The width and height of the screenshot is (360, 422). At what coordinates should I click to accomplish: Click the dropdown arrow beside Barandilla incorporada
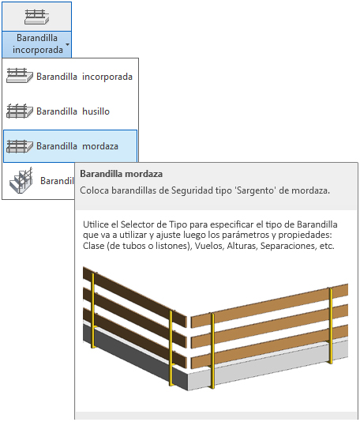click(x=67, y=44)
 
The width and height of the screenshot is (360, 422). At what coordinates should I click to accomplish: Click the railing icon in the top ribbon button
click(x=36, y=17)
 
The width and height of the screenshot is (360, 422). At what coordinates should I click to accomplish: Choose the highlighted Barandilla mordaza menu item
click(x=70, y=146)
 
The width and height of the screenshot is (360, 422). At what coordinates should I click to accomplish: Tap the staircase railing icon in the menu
click(x=21, y=179)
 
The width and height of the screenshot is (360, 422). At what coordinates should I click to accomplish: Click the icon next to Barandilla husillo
click(x=20, y=111)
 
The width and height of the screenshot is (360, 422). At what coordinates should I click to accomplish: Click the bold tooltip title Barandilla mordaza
click(x=122, y=174)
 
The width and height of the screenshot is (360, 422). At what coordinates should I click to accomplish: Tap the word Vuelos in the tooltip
click(x=209, y=246)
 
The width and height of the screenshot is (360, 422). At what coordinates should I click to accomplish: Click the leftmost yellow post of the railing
click(x=92, y=311)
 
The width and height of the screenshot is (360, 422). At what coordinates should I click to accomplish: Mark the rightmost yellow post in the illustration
click(x=331, y=326)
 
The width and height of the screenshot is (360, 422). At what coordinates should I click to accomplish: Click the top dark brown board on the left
click(x=134, y=296)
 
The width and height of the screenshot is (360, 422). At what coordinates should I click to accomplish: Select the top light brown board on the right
click(x=269, y=306)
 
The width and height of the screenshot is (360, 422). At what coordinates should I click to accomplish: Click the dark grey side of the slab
click(x=134, y=356)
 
